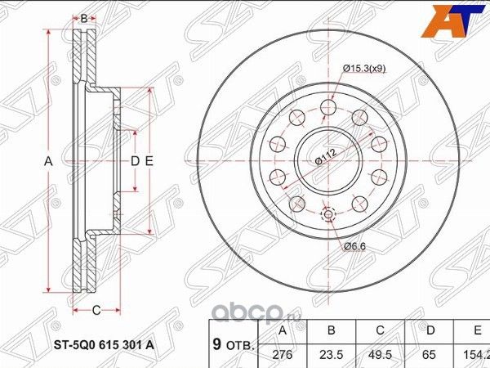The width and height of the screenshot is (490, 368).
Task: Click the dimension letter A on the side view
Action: coord(48,161)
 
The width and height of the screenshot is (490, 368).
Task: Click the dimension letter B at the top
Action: coord(82,17)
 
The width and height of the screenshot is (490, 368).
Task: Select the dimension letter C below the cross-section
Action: coord(96,309)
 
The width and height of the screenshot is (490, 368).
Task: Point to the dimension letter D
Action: coord(136,161)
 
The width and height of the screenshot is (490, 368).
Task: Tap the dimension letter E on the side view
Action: coord(149,161)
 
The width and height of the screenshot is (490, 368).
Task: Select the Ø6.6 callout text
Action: coord(353,245)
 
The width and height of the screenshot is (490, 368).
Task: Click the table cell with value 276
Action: coord(283,356)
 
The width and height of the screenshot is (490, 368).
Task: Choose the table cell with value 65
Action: coord(430,356)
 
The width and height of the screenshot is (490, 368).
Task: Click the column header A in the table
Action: coord(283,331)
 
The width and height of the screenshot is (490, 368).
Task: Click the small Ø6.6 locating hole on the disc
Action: coord(328,214)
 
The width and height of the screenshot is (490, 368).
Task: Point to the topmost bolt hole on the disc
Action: coord(328,106)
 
